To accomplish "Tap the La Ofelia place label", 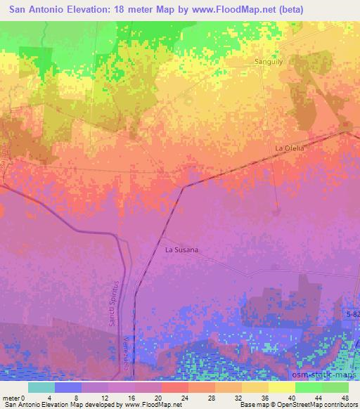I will [x=289, y=148].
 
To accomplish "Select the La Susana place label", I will [x=181, y=249].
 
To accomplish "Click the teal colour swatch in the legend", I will [x=42, y=387].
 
